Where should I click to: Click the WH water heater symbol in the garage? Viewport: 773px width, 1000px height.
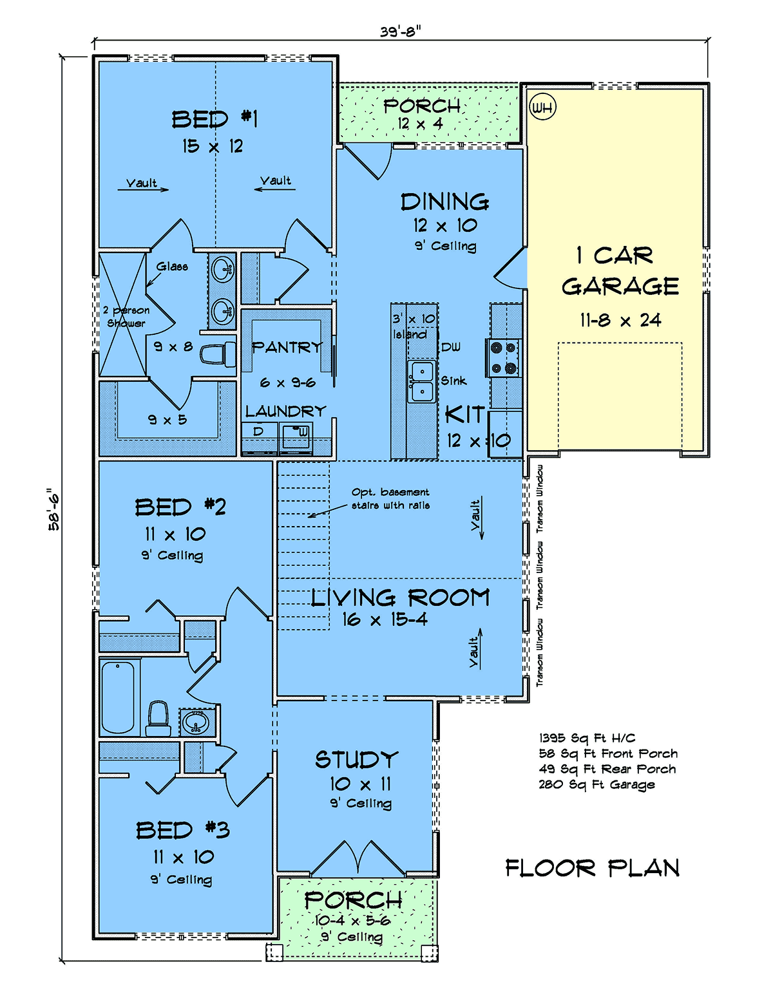point(543,107)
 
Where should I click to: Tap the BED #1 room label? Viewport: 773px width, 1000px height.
point(215,119)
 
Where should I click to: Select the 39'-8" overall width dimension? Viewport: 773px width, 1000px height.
point(401,32)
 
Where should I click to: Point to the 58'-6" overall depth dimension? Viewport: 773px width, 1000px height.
point(54,509)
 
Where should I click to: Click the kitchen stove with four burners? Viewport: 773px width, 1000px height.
point(502,357)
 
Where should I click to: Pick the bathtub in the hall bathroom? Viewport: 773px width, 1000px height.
point(119,697)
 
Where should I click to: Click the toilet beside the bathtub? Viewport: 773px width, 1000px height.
point(158,719)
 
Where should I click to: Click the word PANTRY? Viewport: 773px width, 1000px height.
point(287,347)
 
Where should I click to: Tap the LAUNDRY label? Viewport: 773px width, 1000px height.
point(286,411)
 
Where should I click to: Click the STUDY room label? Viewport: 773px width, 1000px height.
point(357,760)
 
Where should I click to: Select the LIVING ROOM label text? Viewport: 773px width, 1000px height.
point(400,598)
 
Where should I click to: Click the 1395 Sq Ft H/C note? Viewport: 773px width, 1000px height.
point(587,738)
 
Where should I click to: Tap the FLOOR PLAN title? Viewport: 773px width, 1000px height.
point(593,869)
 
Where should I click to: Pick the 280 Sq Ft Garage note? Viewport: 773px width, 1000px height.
point(596,785)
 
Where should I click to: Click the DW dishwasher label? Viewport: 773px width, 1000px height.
point(451,348)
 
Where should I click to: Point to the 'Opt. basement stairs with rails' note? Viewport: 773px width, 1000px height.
point(390,499)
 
